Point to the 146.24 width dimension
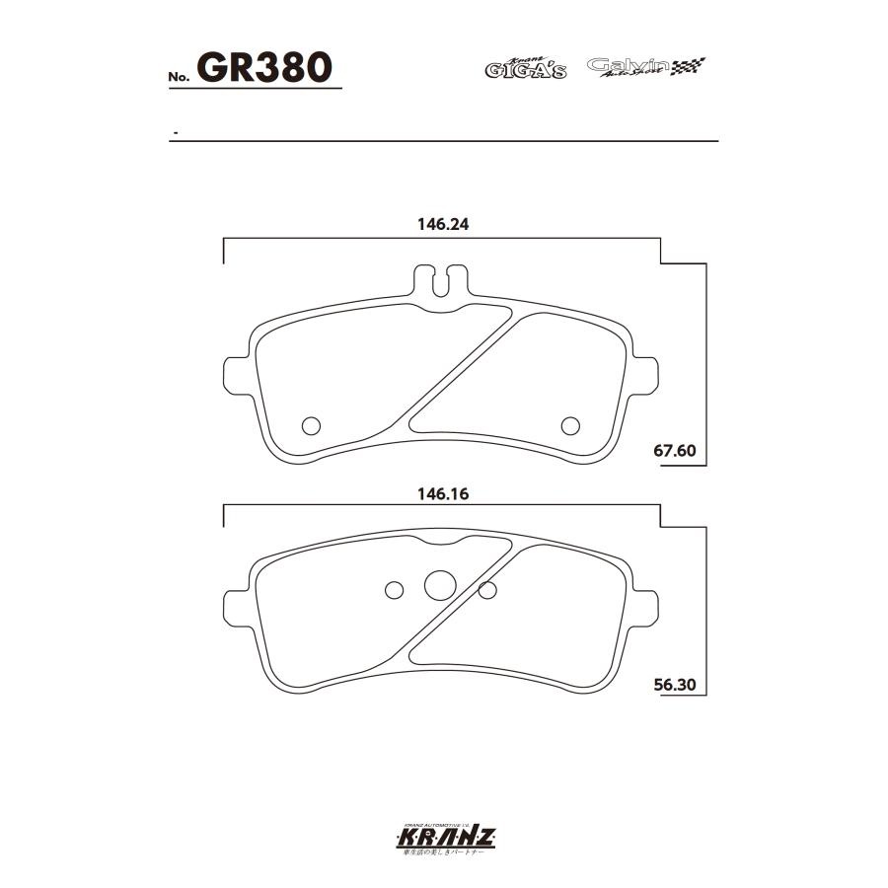pos(442,224)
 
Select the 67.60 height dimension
pos(675,452)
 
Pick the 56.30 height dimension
pos(675,684)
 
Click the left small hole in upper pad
pos(311,425)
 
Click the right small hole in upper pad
pos(569,425)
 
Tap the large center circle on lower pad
pos(439,585)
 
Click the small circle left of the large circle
pos(394,590)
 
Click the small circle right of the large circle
pos(486,590)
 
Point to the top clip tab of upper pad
pos(441,279)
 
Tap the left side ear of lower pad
pos(237,603)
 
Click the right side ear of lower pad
pos(644,603)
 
